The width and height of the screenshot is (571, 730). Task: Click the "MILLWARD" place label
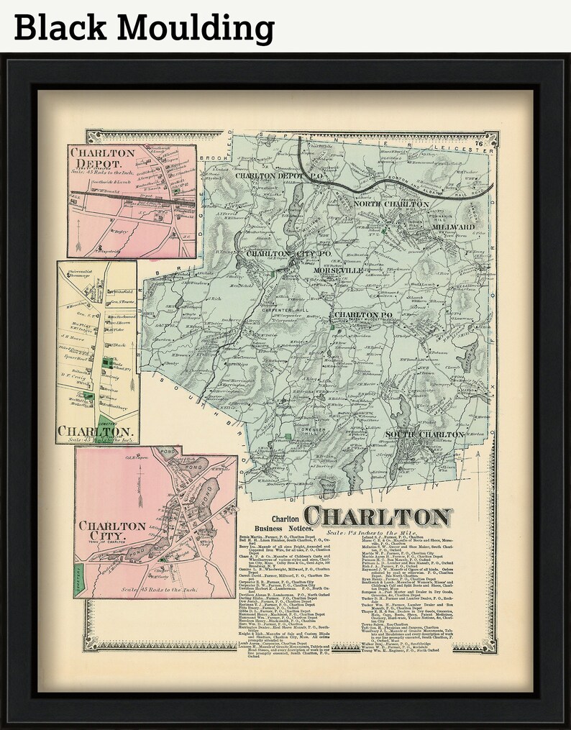[x=452, y=227]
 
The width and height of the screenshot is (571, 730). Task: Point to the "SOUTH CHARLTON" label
[x=424, y=434]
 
